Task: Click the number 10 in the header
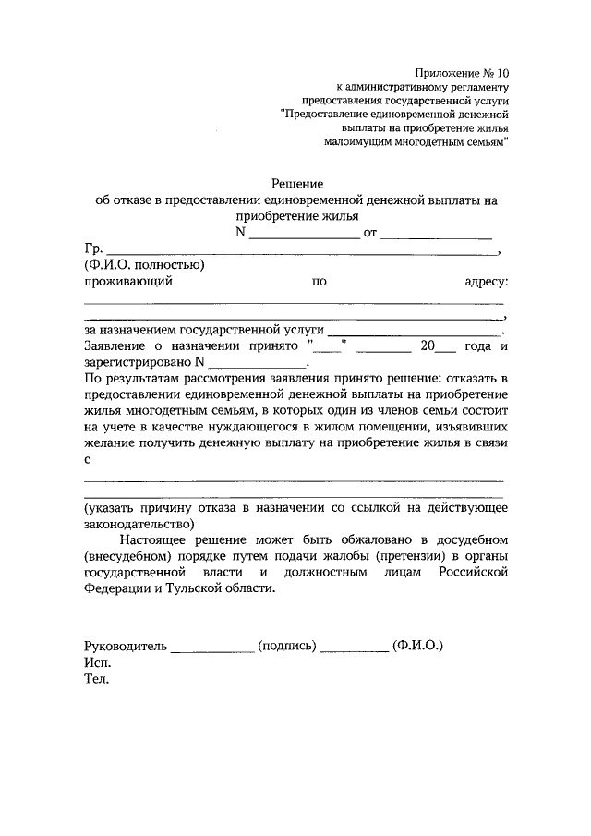(501, 71)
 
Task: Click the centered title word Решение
(297, 183)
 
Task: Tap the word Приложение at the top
(448, 71)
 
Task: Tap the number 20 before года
(427, 346)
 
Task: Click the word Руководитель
(126, 647)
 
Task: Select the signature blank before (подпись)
(212, 648)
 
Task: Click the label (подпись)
(287, 647)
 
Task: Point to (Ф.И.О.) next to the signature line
(417, 647)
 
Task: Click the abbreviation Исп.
(96, 663)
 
